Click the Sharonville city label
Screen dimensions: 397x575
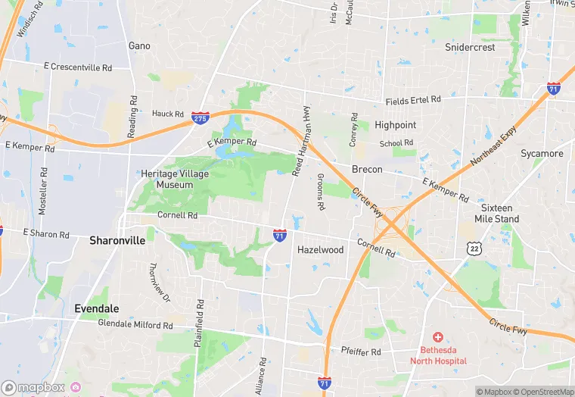point(117,240)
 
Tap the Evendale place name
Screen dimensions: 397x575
point(98,309)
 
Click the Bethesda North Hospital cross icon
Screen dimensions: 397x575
point(438,336)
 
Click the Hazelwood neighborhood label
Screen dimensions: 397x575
point(320,249)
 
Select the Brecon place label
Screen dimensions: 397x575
point(367,169)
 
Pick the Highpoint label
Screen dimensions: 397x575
point(395,125)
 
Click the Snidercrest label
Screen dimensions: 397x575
point(470,47)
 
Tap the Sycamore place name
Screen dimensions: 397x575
point(542,154)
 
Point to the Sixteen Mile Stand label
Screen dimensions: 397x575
point(496,213)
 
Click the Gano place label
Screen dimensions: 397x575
point(139,45)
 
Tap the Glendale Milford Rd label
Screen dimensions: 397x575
point(135,324)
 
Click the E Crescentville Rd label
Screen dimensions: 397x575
point(78,68)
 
